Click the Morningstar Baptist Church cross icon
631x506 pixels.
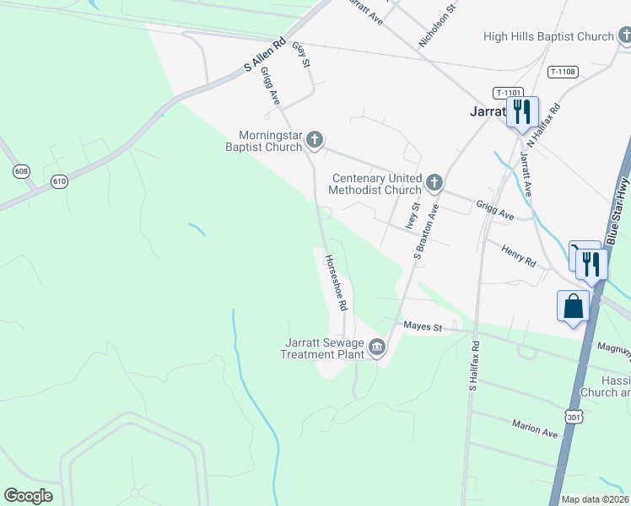[315, 139]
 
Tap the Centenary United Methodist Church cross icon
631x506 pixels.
[434, 182]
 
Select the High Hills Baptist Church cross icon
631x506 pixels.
[624, 36]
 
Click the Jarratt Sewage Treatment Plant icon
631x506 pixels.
[376, 347]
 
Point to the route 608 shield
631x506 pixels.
[21, 171]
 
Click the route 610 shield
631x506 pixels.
[59, 180]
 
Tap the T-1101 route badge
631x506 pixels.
[510, 93]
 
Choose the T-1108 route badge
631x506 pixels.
[563, 72]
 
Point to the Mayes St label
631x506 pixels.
[423, 326]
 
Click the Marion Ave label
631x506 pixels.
[536, 428]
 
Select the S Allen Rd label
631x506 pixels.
[265, 53]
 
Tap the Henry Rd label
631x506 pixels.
[519, 257]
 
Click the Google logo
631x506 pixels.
[28, 496]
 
